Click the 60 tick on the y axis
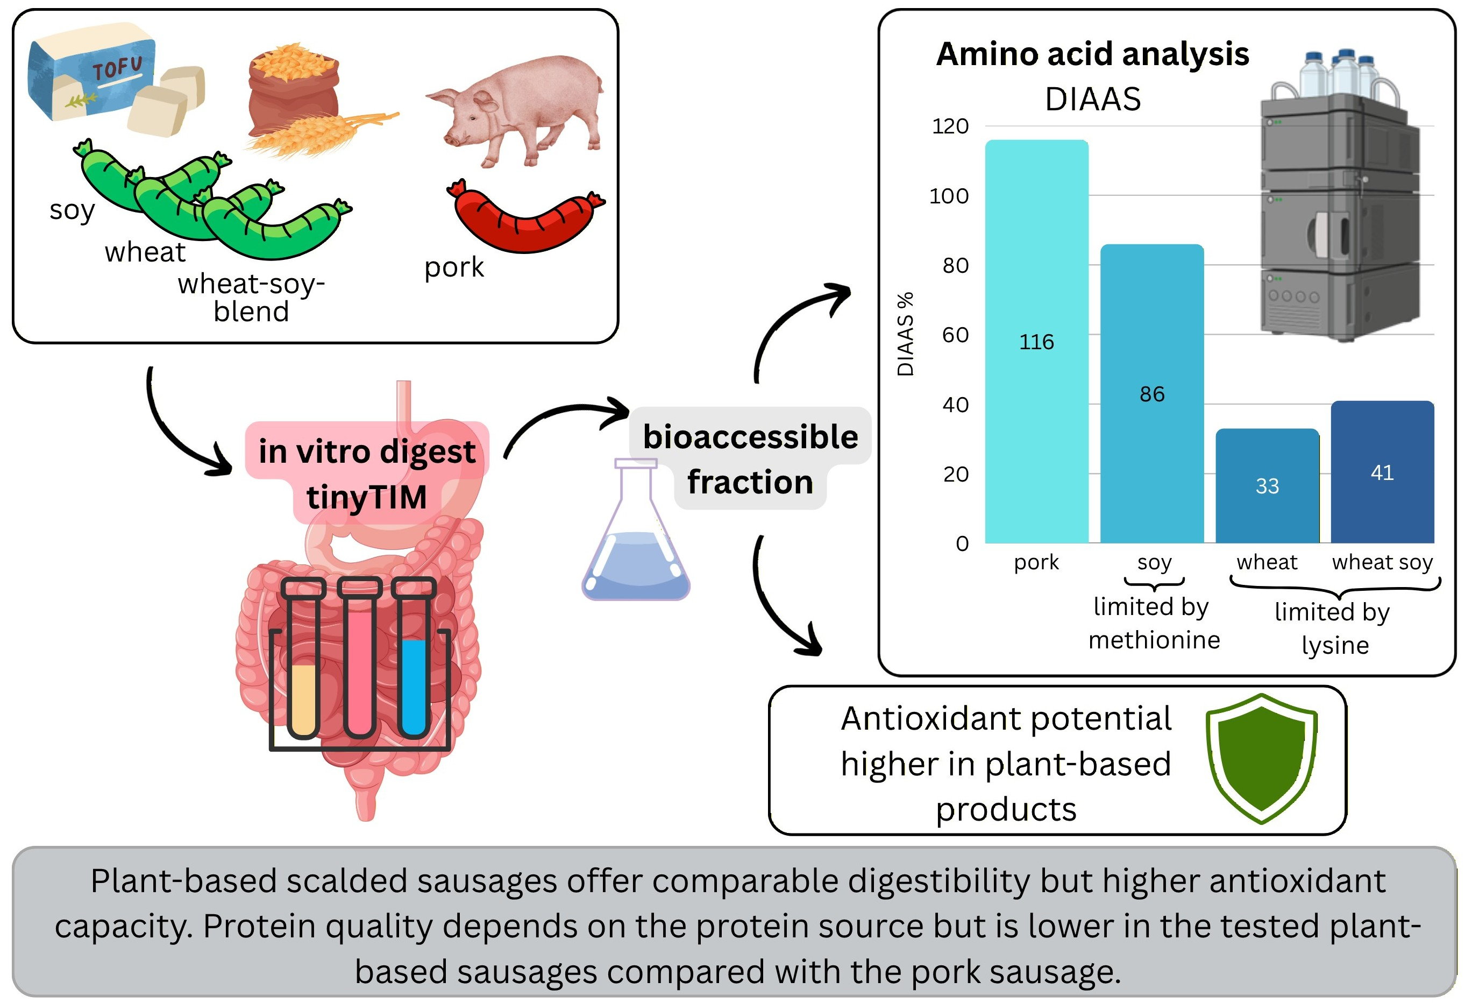pyautogui.click(x=955, y=335)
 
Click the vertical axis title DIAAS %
pyautogui.click(x=906, y=334)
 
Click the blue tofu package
pyautogui.click(x=89, y=73)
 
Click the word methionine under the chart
pyautogui.click(x=1154, y=640)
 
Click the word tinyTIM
pyautogui.click(x=367, y=497)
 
